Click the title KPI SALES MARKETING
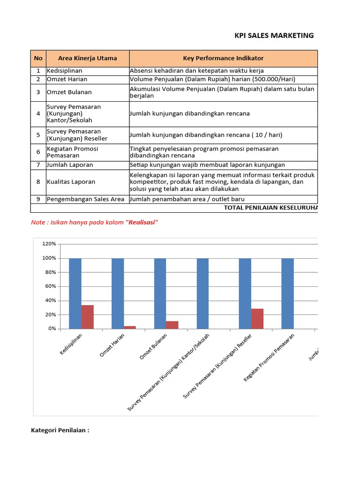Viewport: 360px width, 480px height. (274, 35)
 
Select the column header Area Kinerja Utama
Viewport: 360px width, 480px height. (87, 59)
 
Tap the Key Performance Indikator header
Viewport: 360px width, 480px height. (223, 59)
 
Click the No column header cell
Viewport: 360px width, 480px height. (38, 59)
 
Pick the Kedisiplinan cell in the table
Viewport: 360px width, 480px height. (65, 71)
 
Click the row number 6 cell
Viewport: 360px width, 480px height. (38, 152)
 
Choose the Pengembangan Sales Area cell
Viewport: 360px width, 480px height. (85, 199)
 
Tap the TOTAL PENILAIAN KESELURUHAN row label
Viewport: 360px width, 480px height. (270, 208)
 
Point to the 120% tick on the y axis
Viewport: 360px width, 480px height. (49, 244)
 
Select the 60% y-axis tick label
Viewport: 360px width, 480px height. (50, 286)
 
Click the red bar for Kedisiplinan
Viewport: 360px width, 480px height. (88, 317)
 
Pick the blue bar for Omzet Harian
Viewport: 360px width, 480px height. (118, 293)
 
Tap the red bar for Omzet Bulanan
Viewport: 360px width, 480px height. (172, 325)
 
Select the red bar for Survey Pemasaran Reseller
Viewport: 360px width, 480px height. (257, 319)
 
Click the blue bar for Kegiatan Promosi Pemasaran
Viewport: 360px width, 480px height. (287, 293)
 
